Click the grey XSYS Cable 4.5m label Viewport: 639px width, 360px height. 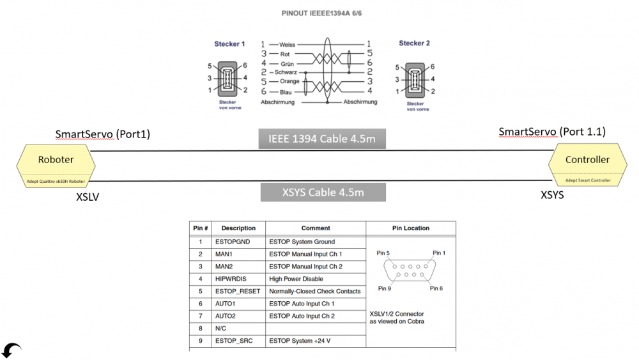click(322, 192)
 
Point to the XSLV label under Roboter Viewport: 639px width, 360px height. click(88, 197)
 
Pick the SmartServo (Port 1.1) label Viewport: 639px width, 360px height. click(551, 132)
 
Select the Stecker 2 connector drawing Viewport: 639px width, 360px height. click(414, 78)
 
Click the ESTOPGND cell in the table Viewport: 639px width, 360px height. click(233, 242)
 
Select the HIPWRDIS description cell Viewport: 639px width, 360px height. click(231, 279)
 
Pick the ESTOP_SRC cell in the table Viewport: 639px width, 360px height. click(234, 341)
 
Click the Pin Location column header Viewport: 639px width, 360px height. click(412, 228)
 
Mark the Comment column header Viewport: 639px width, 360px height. click(316, 228)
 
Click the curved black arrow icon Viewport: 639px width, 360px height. click(12, 350)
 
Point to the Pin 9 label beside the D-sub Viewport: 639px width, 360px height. click(385, 288)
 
